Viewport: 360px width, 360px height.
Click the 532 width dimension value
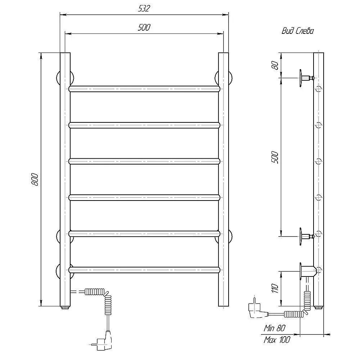click(144, 9)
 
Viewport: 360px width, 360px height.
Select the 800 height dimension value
click(35, 179)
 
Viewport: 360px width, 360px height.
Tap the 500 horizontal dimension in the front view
click(144, 27)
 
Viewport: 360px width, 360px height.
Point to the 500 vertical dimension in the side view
click(275, 157)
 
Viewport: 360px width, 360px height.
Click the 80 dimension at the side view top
click(275, 66)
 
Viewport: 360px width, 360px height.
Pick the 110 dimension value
click(275, 288)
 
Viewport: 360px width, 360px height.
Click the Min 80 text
click(274, 328)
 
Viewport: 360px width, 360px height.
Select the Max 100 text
click(277, 339)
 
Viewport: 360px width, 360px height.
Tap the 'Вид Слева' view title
click(298, 31)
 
